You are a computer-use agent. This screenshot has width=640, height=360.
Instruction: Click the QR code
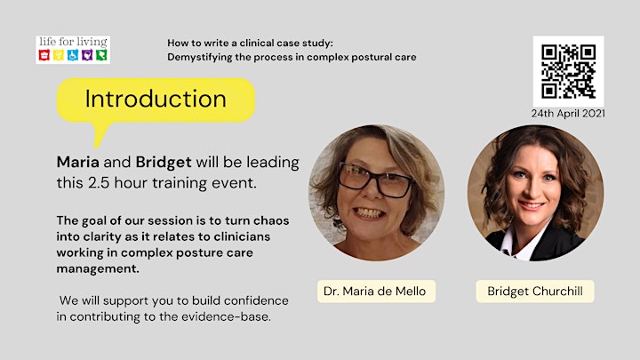pyautogui.click(x=568, y=71)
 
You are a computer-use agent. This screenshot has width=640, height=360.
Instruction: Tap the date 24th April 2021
pyautogui.click(x=568, y=114)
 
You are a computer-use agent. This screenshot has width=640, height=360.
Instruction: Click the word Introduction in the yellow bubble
pyautogui.click(x=156, y=99)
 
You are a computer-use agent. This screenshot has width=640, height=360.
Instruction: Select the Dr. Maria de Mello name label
pyautogui.click(x=376, y=291)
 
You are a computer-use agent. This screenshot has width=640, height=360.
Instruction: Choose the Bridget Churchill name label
pyautogui.click(x=535, y=291)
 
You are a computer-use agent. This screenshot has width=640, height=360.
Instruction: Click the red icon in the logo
pyautogui.click(x=44, y=55)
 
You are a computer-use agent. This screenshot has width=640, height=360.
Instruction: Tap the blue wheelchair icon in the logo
pyautogui.click(x=73, y=55)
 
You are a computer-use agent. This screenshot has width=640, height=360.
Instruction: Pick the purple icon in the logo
pyautogui.click(x=87, y=55)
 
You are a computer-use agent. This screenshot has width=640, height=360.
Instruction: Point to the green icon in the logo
pyautogui.click(x=101, y=55)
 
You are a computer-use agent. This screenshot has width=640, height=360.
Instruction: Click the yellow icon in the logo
pyautogui.click(x=59, y=55)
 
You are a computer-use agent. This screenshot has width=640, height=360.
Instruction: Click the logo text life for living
pyautogui.click(x=73, y=42)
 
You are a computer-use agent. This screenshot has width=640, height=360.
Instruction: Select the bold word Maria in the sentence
pyautogui.click(x=77, y=162)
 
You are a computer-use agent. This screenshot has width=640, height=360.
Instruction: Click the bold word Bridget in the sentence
pyautogui.click(x=164, y=163)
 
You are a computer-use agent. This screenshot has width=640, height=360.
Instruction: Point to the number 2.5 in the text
pyautogui.click(x=99, y=183)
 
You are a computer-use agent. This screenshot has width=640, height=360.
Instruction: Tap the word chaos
pyautogui.click(x=271, y=220)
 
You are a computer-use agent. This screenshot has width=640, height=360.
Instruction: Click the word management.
pyautogui.click(x=98, y=268)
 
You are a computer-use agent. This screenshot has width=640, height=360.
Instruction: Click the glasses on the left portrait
pyautogui.click(x=375, y=180)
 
